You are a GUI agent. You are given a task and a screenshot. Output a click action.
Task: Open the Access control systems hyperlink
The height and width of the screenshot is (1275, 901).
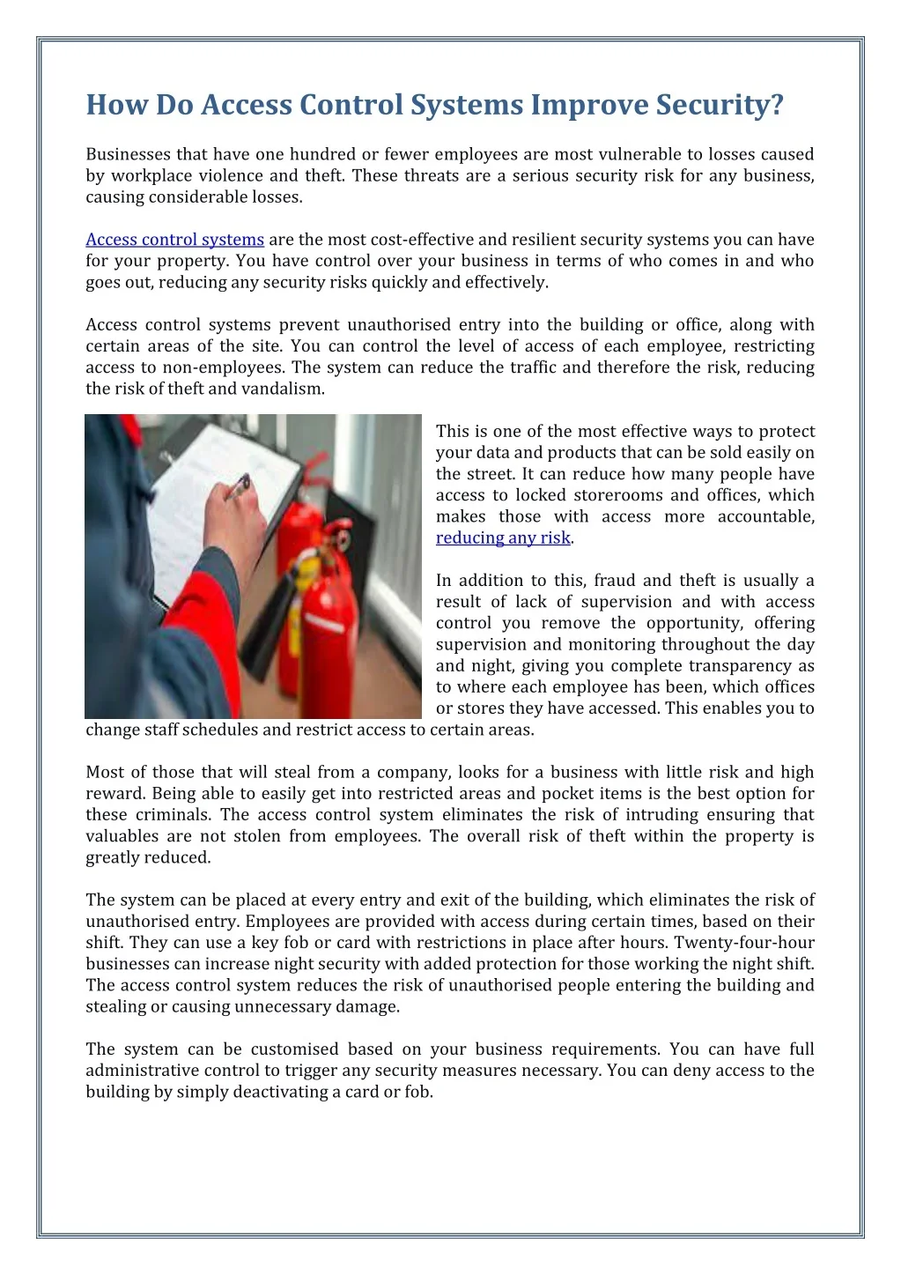[174, 240]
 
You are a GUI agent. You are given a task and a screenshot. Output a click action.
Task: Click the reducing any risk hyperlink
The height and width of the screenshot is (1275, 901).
[503, 537]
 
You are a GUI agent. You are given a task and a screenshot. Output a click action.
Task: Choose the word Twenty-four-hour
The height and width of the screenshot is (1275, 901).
[744, 943]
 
